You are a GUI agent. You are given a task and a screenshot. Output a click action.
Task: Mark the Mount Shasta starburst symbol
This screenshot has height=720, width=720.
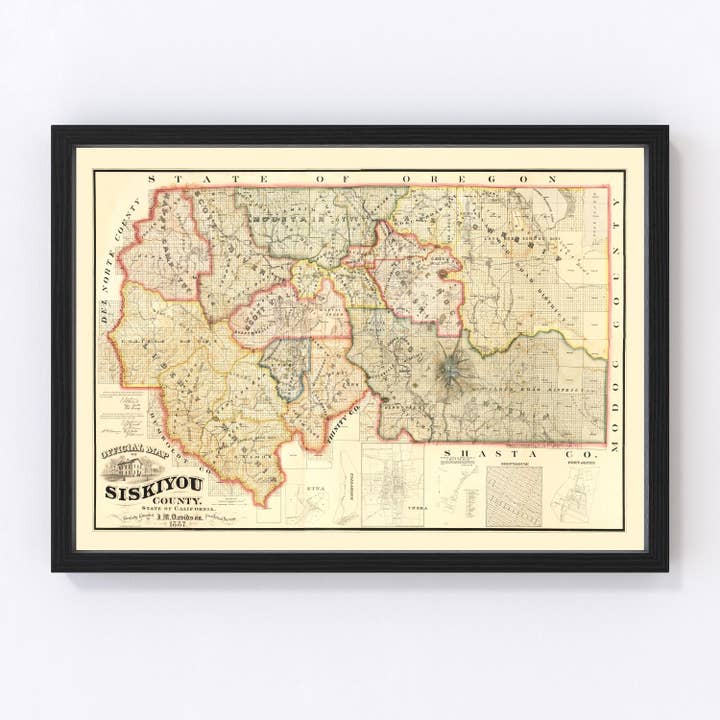[x=456, y=371]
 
